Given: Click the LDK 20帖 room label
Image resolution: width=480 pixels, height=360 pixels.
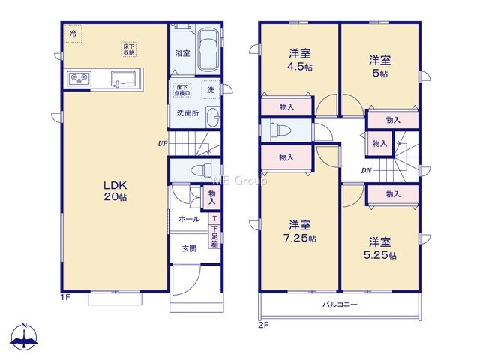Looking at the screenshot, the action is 115,191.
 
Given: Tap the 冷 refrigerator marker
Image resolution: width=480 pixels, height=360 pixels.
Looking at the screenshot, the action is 73,33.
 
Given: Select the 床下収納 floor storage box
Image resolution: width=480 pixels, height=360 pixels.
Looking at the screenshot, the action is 128,49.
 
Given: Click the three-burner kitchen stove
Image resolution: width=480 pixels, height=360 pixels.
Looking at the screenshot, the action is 79,79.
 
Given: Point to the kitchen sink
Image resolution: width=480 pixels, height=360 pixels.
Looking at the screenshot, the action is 123,79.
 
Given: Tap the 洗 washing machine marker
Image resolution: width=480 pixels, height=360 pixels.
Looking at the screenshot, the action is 211,89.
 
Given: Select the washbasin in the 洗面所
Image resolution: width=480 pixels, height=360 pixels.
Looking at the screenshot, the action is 213,116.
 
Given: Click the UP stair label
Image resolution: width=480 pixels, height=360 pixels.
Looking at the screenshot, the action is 163,143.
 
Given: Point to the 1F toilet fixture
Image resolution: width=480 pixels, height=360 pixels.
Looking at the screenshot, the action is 201,169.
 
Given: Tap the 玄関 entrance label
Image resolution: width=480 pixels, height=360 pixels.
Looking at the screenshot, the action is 189,248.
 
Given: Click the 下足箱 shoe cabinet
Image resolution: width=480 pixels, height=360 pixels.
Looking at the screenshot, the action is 214,236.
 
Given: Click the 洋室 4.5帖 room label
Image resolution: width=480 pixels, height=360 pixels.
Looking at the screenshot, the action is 300,60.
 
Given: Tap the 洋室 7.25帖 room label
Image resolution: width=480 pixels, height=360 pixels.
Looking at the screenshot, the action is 300,232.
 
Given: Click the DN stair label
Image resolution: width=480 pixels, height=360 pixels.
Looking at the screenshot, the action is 366,171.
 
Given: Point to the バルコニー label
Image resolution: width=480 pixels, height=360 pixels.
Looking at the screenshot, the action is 340,304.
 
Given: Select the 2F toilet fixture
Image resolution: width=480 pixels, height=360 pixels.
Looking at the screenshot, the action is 280,130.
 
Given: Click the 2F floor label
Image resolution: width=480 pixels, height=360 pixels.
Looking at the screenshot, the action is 263,325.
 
